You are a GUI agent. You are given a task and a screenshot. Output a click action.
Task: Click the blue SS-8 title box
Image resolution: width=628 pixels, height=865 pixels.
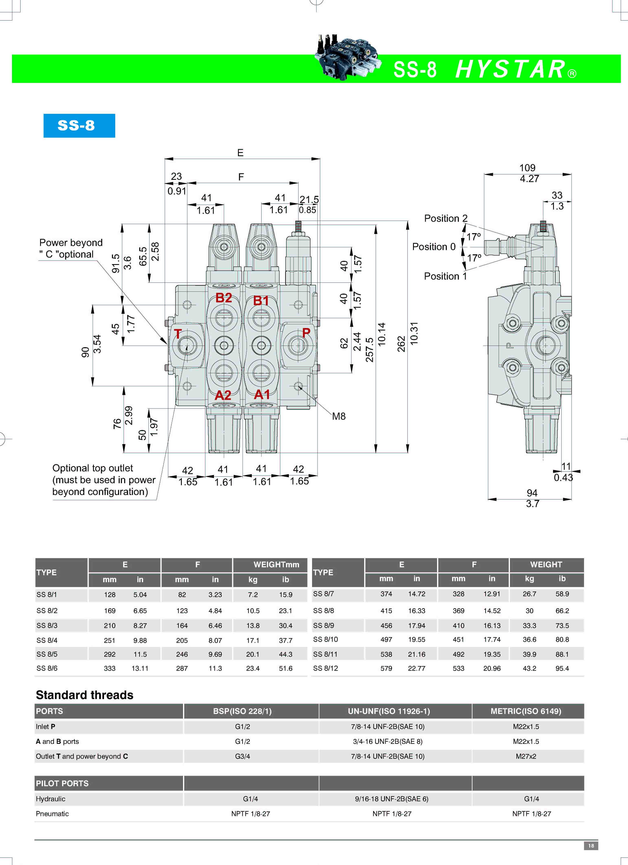(x=79, y=125)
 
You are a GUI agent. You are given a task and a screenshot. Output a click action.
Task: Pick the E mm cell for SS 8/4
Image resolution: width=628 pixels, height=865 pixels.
(x=110, y=640)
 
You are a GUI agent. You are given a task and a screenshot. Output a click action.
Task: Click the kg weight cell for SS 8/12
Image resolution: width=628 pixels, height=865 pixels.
(x=529, y=668)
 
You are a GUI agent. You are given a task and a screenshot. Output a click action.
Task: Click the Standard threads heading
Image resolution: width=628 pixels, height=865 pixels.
(x=85, y=695)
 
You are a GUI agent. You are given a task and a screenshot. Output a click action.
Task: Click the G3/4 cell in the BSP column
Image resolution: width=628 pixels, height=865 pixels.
(x=242, y=756)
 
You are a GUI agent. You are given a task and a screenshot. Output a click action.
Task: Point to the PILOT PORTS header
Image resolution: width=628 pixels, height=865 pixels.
(x=62, y=783)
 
